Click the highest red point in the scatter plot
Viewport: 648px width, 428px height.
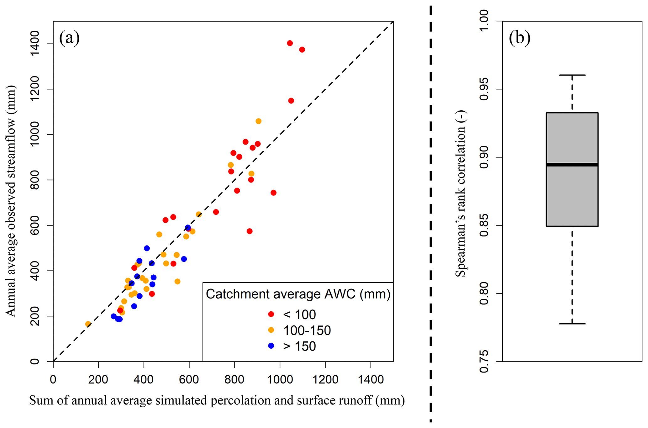(x=290, y=43)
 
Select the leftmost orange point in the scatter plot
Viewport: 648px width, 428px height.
(x=88, y=324)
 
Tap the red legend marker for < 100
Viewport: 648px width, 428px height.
(x=271, y=314)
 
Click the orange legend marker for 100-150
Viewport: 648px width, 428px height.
(x=271, y=330)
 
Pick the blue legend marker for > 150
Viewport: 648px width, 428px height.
(x=271, y=346)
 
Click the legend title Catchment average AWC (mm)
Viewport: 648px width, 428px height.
(x=298, y=294)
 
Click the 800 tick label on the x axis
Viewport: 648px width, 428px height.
(x=234, y=380)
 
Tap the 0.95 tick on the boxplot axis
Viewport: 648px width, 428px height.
(x=499, y=89)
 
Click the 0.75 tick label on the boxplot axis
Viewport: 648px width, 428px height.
(x=484, y=362)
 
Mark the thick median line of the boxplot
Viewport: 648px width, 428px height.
(x=572, y=165)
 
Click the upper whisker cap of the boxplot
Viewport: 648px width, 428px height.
(x=572, y=75)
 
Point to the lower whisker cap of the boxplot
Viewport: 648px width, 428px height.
(x=572, y=324)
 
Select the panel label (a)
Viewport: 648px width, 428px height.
(x=69, y=38)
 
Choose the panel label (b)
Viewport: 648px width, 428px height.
(x=519, y=38)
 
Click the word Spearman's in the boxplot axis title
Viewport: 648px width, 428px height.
(x=460, y=248)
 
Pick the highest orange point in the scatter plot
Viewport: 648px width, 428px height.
(x=258, y=121)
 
